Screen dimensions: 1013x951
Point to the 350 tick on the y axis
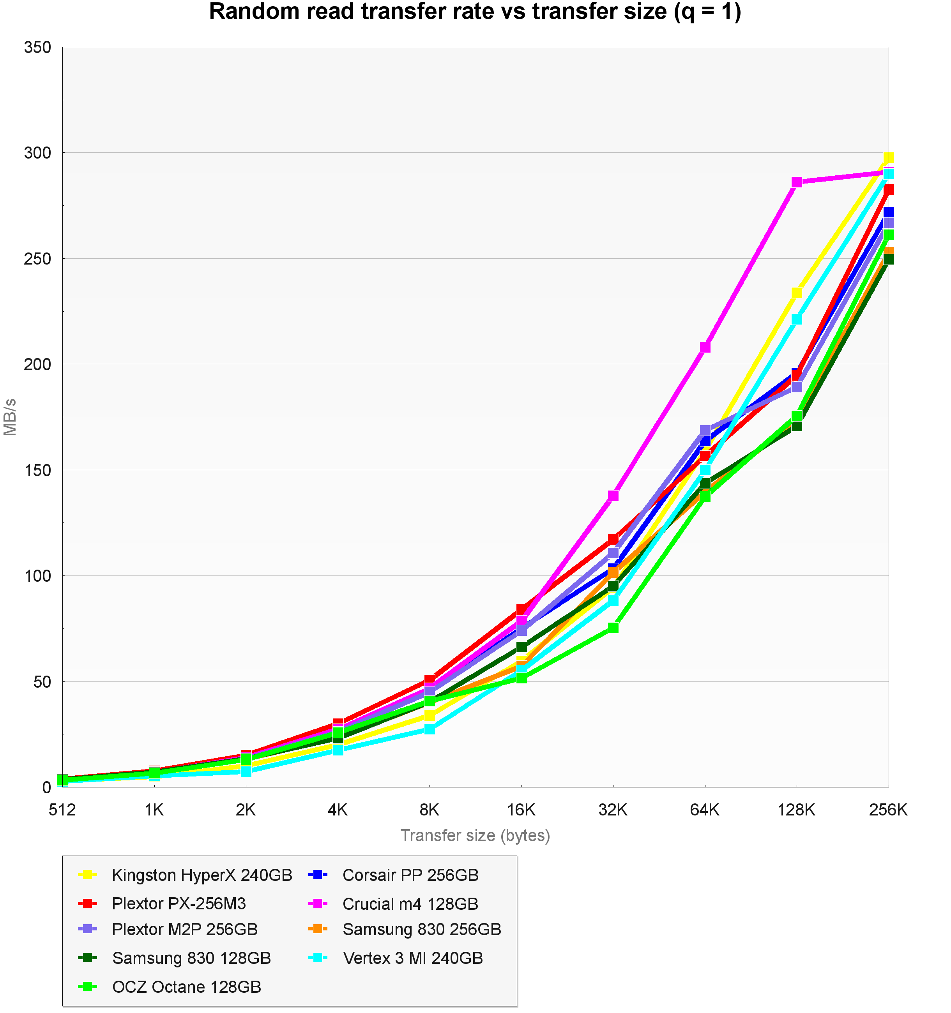pyautogui.click(x=38, y=48)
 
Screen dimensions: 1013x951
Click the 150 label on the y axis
pyautogui.click(x=38, y=470)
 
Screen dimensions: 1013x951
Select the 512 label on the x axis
pyautogui.click(x=62, y=810)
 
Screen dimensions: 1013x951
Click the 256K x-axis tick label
pyautogui.click(x=888, y=810)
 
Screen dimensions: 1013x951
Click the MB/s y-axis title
pyautogui.click(x=10, y=417)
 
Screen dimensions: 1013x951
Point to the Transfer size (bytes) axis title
pyautogui.click(x=475, y=836)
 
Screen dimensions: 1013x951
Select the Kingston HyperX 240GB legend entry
pyautogui.click(x=202, y=875)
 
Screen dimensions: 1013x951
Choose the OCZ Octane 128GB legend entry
pyautogui.click(x=187, y=987)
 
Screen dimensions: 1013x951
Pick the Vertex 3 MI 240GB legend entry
pyautogui.click(x=413, y=958)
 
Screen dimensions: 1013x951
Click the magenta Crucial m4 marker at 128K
pyautogui.click(x=797, y=182)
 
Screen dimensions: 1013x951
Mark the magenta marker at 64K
pyautogui.click(x=705, y=348)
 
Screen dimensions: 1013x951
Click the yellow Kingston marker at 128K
pyautogui.click(x=797, y=293)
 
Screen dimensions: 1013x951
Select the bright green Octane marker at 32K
pyautogui.click(x=613, y=628)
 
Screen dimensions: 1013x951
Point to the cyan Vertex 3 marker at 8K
pyautogui.click(x=430, y=729)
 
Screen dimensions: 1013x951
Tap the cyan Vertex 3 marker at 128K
pyautogui.click(x=797, y=319)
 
